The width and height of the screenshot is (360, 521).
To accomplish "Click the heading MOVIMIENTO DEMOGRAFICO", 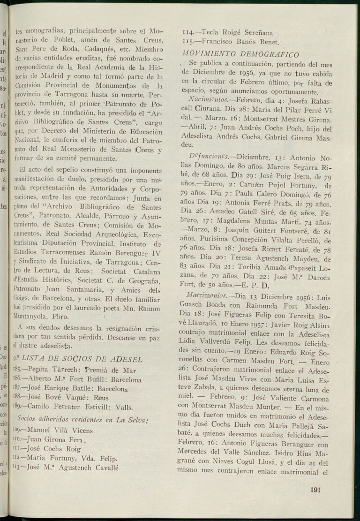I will [x=240, y=54].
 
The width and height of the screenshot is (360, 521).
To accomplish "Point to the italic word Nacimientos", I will [x=205, y=100].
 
